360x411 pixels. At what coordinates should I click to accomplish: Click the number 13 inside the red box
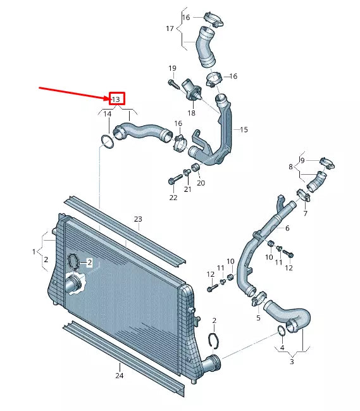coord(116,99)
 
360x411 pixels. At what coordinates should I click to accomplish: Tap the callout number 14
coord(108,114)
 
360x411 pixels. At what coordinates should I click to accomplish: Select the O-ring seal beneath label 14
coord(108,142)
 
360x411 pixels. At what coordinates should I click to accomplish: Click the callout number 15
coord(244,129)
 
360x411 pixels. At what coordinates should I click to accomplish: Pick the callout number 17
coord(170,28)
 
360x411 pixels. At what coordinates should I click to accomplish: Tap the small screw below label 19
coord(173,85)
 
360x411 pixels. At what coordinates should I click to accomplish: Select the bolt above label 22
coord(175,179)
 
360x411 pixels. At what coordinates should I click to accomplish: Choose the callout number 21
coord(187,189)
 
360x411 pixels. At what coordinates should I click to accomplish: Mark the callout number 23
coord(138,219)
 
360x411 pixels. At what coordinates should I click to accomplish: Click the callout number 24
coord(120,376)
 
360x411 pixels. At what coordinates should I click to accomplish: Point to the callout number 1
coord(34,251)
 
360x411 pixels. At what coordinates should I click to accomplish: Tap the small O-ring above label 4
coord(282,331)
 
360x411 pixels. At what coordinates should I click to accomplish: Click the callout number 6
coord(287,228)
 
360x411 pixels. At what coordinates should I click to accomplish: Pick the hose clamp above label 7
coord(304,196)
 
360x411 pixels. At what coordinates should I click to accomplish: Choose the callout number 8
coord(290,167)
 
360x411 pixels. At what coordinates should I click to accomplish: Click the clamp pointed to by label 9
coord(327,163)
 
